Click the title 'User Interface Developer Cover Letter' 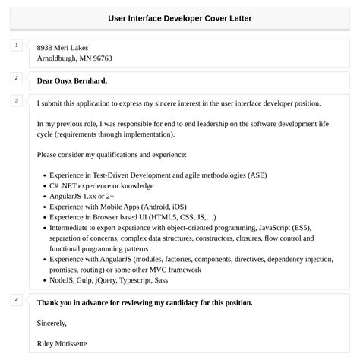(x=179, y=17)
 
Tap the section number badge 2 (x=16, y=78)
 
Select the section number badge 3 (x=16, y=100)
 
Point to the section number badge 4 (x=16, y=300)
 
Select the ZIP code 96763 (x=101, y=58)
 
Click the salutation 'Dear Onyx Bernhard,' (x=71, y=80)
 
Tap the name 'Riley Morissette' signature (x=62, y=343)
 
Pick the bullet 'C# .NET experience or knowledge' (x=101, y=185)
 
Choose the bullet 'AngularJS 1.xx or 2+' (x=85, y=196)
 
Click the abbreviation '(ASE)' (x=257, y=175)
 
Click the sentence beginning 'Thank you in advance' (x=144, y=302)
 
